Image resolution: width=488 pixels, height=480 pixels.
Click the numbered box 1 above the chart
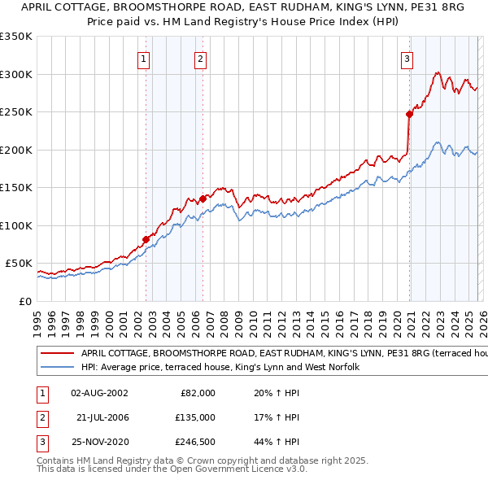143,58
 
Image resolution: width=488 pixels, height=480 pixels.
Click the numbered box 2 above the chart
200,58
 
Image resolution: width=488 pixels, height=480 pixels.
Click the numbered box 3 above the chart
407,58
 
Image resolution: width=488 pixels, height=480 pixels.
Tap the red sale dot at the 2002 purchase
146,239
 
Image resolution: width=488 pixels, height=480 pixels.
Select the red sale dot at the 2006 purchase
203,199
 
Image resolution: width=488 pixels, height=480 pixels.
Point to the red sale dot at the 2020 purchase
409,114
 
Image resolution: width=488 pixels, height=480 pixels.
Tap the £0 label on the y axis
24,301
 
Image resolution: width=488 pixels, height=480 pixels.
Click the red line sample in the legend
57,354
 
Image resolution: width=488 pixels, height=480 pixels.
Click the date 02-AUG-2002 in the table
99,393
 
